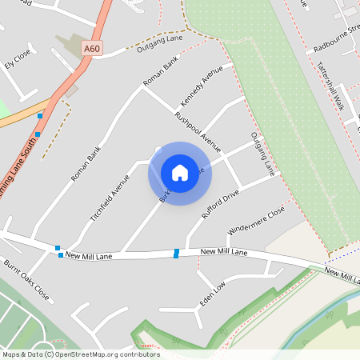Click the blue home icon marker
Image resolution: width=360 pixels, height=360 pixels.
(x=180, y=173)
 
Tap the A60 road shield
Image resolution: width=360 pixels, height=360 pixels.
(x=93, y=49)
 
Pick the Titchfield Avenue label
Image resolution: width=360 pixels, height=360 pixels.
(x=110, y=197)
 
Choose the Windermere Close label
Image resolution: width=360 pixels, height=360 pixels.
(x=256, y=219)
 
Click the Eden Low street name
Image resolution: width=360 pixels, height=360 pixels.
(x=213, y=294)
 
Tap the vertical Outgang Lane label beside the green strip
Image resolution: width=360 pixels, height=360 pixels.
(x=262, y=154)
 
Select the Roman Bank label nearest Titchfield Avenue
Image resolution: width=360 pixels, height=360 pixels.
(x=86, y=163)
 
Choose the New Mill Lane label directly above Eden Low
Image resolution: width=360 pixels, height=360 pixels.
(x=223, y=252)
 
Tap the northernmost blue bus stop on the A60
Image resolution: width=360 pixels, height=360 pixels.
(x=40, y=116)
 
